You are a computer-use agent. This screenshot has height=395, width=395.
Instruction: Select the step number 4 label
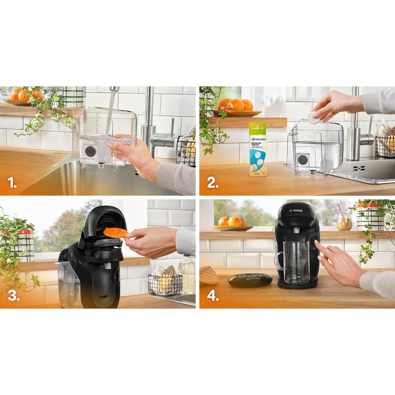213,296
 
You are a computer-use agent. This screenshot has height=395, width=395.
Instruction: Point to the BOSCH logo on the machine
295,209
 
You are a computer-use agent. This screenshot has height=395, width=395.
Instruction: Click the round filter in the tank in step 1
90,152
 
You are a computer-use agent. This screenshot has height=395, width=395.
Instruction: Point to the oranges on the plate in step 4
232,221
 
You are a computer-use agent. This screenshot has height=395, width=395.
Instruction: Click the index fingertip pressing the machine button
316,243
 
